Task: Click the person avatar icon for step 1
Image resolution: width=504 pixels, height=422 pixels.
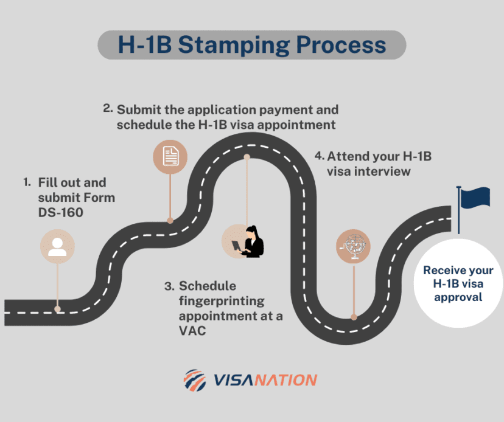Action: pyautogui.click(x=58, y=246)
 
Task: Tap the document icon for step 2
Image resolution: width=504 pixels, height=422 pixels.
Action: pyautogui.click(x=170, y=157)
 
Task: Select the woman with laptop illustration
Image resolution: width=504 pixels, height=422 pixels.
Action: pyautogui.click(x=251, y=241)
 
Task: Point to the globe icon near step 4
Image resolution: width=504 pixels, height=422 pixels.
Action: pyautogui.click(x=353, y=246)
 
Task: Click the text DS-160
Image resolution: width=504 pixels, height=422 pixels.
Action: pyautogui.click(x=61, y=212)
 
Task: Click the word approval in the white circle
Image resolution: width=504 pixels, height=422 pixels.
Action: pyautogui.click(x=458, y=297)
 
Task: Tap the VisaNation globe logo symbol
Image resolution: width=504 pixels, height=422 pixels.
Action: pyautogui.click(x=195, y=380)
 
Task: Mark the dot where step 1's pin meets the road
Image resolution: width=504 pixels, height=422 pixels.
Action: pyautogui.click(x=57, y=309)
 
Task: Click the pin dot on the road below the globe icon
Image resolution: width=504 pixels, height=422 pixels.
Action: pyautogui.click(x=353, y=317)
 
